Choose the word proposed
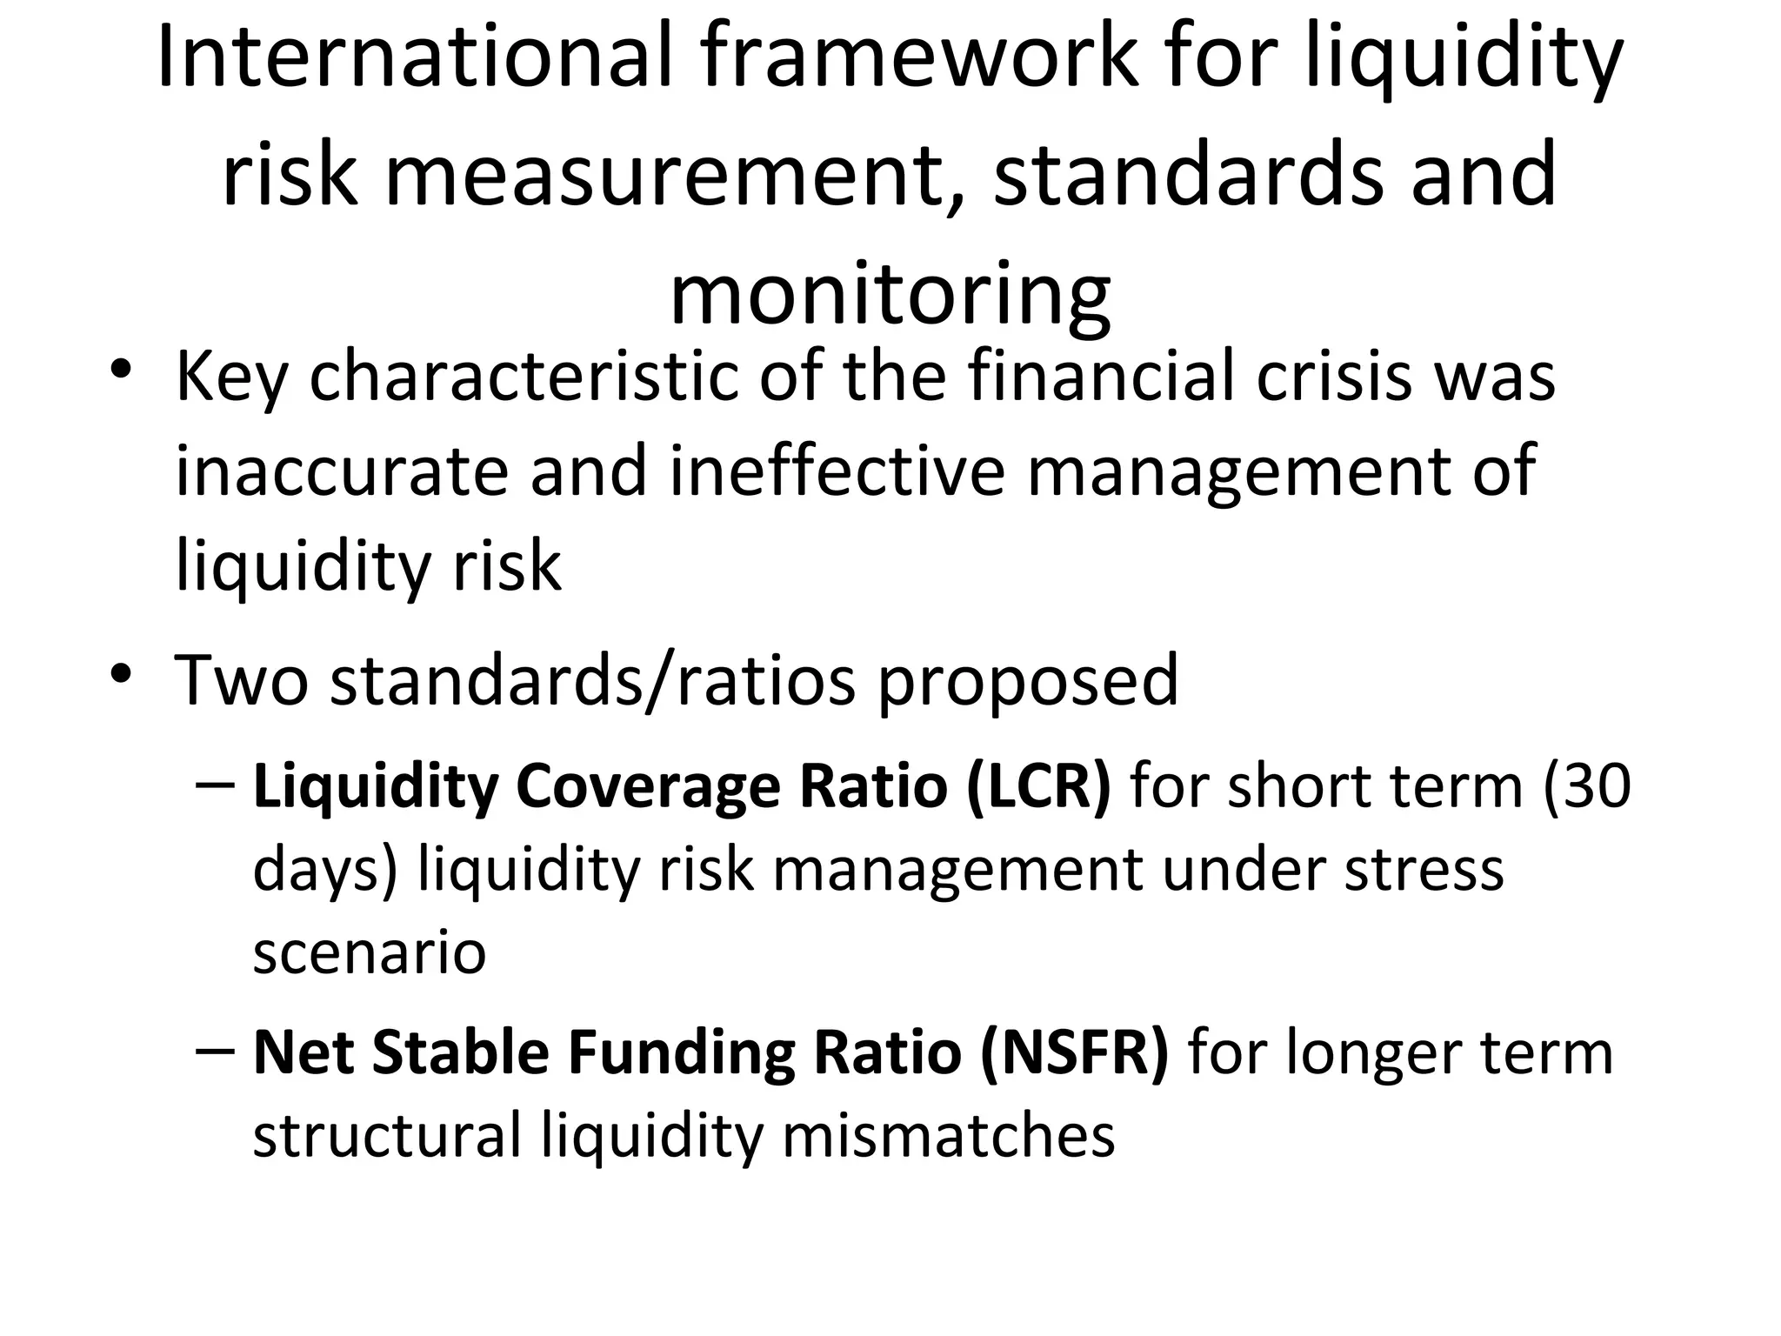click(x=1027, y=681)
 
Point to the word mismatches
click(x=948, y=1135)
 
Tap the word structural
click(x=388, y=1135)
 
